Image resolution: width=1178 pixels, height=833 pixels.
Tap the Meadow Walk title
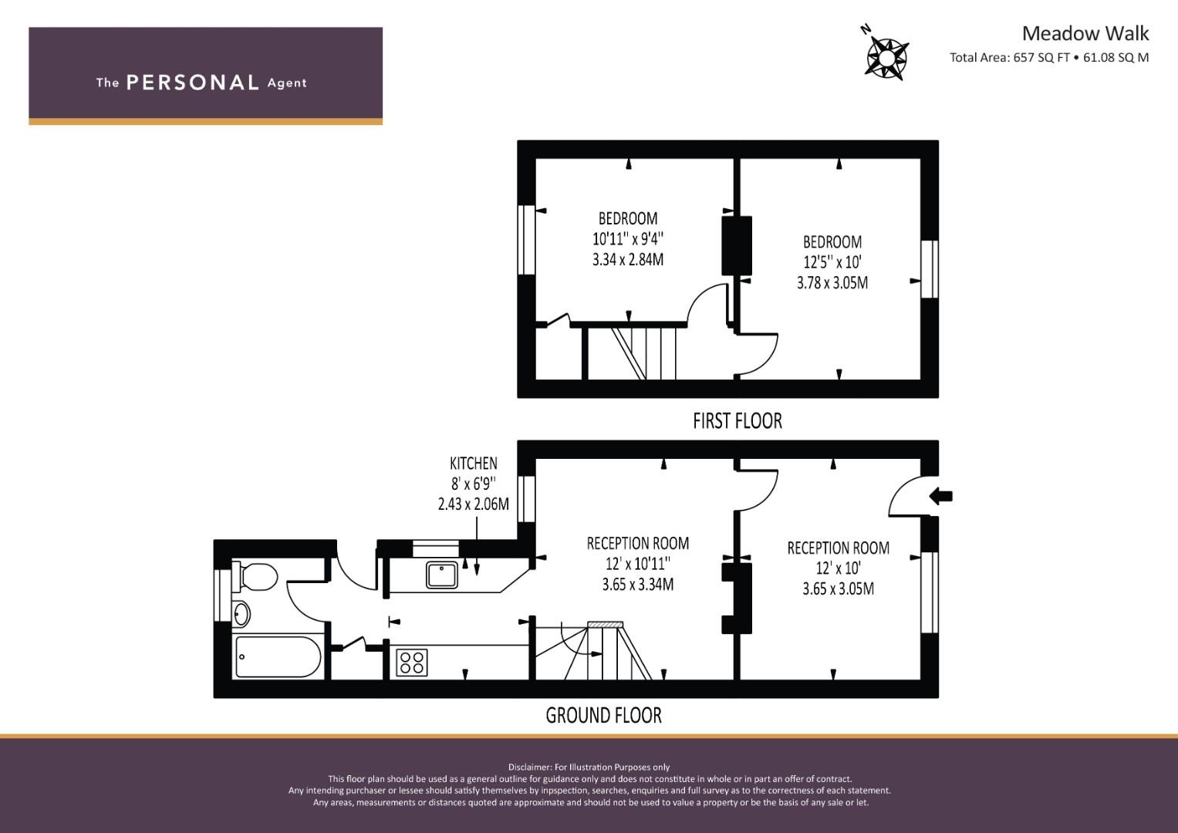pos(1085,34)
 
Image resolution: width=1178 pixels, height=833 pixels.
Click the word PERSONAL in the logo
pos(193,83)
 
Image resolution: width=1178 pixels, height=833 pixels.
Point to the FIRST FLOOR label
pos(738,420)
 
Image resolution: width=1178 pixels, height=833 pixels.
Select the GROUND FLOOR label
pos(604,715)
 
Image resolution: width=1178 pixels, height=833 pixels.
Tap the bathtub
pos(278,656)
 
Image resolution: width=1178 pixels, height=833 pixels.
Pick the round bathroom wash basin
pos(241,614)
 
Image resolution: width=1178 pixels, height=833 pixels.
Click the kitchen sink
pos(442,575)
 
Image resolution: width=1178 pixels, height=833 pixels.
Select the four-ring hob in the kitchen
pos(412,662)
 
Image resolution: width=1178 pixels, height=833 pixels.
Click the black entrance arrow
pos(941,496)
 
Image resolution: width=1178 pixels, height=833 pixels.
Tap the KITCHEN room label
pos(474,464)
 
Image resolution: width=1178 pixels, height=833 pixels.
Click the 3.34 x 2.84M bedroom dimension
pos(628,259)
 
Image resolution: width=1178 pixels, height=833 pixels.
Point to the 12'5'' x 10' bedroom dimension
pos(832,262)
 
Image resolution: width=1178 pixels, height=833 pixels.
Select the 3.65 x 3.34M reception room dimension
pos(638,585)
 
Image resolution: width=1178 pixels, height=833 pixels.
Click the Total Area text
pos(1049,57)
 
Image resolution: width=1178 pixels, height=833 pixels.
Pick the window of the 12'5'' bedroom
pos(930,269)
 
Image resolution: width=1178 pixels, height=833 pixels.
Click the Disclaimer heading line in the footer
pos(589,767)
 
